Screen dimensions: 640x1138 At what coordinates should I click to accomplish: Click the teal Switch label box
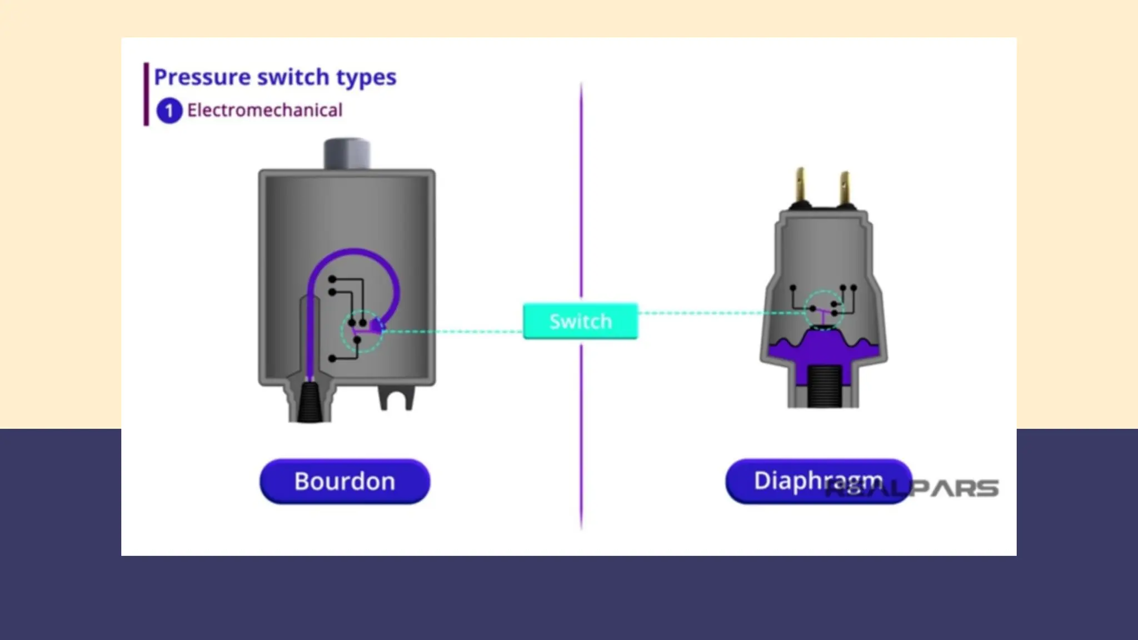coord(580,321)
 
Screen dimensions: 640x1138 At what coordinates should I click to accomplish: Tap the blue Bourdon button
coord(345,481)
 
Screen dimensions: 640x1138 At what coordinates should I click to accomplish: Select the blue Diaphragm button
coord(818,481)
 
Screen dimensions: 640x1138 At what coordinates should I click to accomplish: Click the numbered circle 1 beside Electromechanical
coord(169,111)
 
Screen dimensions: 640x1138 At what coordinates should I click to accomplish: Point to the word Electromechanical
coord(264,110)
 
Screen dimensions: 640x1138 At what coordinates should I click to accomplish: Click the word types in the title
coord(366,78)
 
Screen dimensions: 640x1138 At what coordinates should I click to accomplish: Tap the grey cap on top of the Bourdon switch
coord(347,153)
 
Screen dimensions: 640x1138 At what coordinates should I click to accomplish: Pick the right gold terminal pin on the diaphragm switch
coord(845,188)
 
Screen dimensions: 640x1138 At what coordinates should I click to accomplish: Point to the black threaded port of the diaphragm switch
coord(824,386)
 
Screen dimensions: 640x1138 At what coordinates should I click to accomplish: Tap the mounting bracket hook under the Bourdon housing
coord(397,398)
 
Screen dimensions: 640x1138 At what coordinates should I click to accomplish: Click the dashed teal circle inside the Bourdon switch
coord(361,332)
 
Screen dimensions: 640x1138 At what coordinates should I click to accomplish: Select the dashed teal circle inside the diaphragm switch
coord(823,309)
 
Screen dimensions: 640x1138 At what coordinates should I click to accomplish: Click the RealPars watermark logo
coord(939,488)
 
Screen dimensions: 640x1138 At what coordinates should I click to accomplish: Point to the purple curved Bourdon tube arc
coord(356,253)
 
